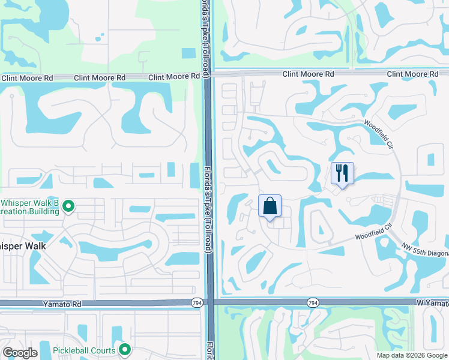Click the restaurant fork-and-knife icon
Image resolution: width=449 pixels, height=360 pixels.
(342, 173)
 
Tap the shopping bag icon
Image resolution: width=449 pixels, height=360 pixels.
(270, 206)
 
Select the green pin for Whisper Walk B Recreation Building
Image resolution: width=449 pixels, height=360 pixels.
(68, 207)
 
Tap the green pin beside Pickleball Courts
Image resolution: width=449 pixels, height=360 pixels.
(125, 349)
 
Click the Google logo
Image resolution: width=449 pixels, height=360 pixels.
(20, 353)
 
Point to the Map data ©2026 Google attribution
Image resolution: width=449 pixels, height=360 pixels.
(412, 355)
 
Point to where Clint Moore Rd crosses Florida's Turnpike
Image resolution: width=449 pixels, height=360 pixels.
(207, 75)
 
